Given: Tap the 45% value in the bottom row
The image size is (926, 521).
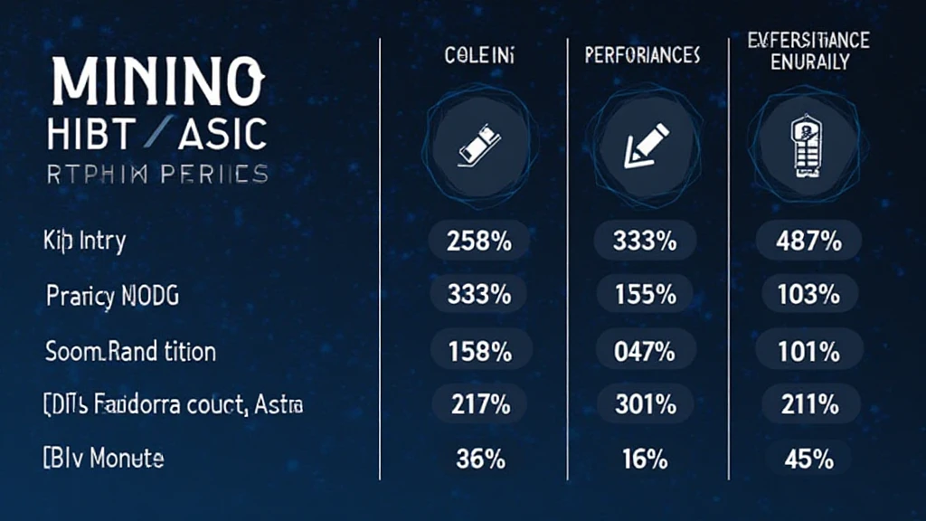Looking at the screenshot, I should [808, 459].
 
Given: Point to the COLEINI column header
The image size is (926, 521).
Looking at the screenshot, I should [479, 56].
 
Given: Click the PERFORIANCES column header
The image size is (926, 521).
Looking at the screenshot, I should [642, 56].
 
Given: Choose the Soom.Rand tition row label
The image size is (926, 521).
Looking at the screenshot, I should [130, 351].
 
